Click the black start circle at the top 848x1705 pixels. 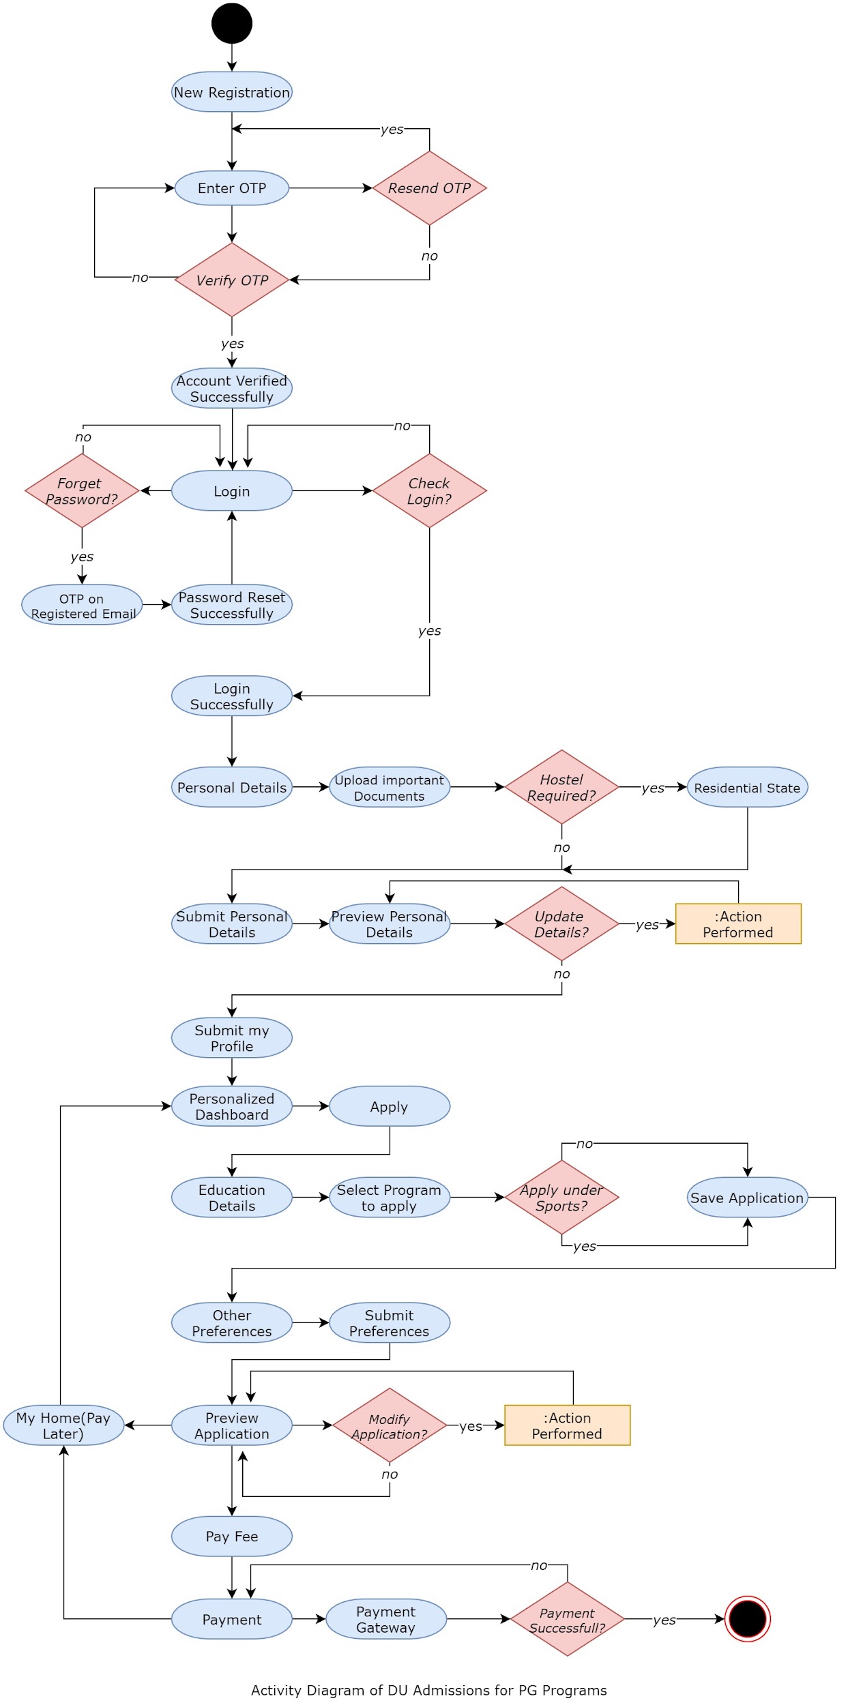pyautogui.click(x=232, y=23)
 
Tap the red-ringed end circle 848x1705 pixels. pyautogui.click(x=747, y=1618)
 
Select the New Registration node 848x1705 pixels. pyautogui.click(x=232, y=92)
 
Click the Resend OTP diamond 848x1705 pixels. pyautogui.click(x=429, y=188)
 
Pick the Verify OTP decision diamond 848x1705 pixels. pyautogui.click(x=232, y=280)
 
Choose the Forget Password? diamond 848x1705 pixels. pyautogui.click(x=82, y=491)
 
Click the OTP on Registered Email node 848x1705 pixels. pyautogui.click(x=82, y=605)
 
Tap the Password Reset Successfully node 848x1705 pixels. pyautogui.click(x=232, y=605)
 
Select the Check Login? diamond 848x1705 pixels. pyautogui.click(x=429, y=491)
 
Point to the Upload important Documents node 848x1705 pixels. pyautogui.click(x=390, y=788)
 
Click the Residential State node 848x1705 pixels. pyautogui.click(x=747, y=788)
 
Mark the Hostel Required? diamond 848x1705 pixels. pyautogui.click(x=561, y=788)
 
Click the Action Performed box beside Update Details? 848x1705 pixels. pyautogui.click(x=738, y=924)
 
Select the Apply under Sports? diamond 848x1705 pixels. pyautogui.click(x=561, y=1198)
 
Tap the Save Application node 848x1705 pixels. pyautogui.click(x=747, y=1198)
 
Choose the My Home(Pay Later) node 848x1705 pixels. pyautogui.click(x=63, y=1425)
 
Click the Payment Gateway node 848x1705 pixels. pyautogui.click(x=386, y=1619)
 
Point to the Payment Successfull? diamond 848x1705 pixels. pyautogui.click(x=567, y=1620)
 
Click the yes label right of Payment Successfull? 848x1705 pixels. pyautogui.click(x=664, y=1620)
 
